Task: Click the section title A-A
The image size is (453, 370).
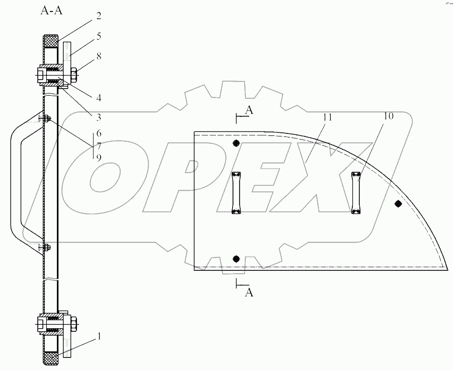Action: pyautogui.click(x=52, y=11)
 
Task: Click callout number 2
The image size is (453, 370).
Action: pyautogui.click(x=99, y=16)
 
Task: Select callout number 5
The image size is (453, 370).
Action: pyautogui.click(x=99, y=36)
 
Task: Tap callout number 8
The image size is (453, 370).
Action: pyautogui.click(x=99, y=56)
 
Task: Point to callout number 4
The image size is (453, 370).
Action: pyautogui.click(x=99, y=98)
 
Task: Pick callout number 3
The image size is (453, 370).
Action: pyautogui.click(x=99, y=117)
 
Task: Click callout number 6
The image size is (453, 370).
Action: pyautogui.click(x=99, y=133)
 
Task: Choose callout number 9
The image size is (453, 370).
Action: pyautogui.click(x=99, y=158)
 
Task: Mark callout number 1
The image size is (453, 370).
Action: pyautogui.click(x=99, y=336)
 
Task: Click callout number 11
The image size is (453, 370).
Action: pyautogui.click(x=328, y=118)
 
